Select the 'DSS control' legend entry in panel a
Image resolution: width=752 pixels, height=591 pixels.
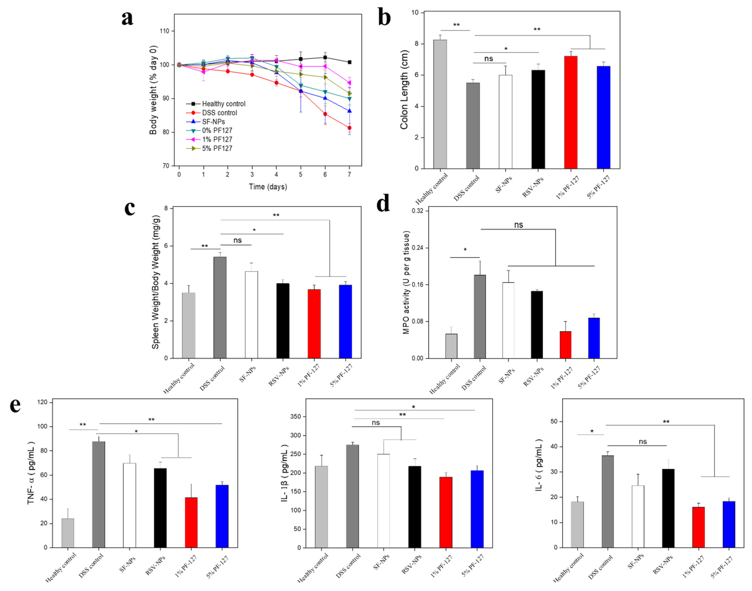click(219, 113)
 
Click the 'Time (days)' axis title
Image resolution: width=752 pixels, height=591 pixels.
click(268, 187)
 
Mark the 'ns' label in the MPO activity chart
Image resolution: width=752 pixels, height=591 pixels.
click(518, 225)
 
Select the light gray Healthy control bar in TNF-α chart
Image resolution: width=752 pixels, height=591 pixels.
click(68, 533)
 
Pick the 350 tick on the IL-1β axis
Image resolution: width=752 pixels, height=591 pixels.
click(296, 417)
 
